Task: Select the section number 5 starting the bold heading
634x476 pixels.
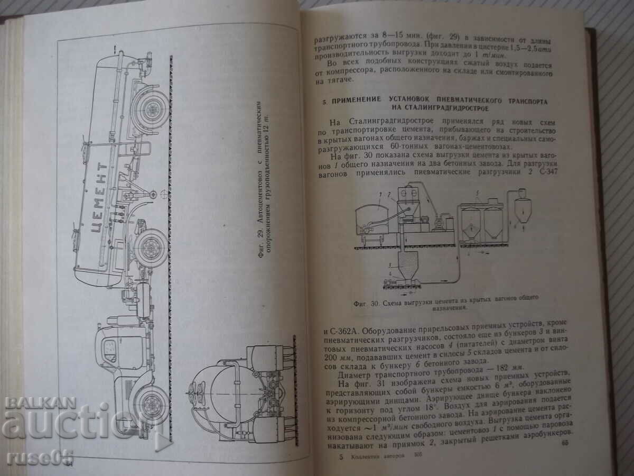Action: (x=326, y=100)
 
